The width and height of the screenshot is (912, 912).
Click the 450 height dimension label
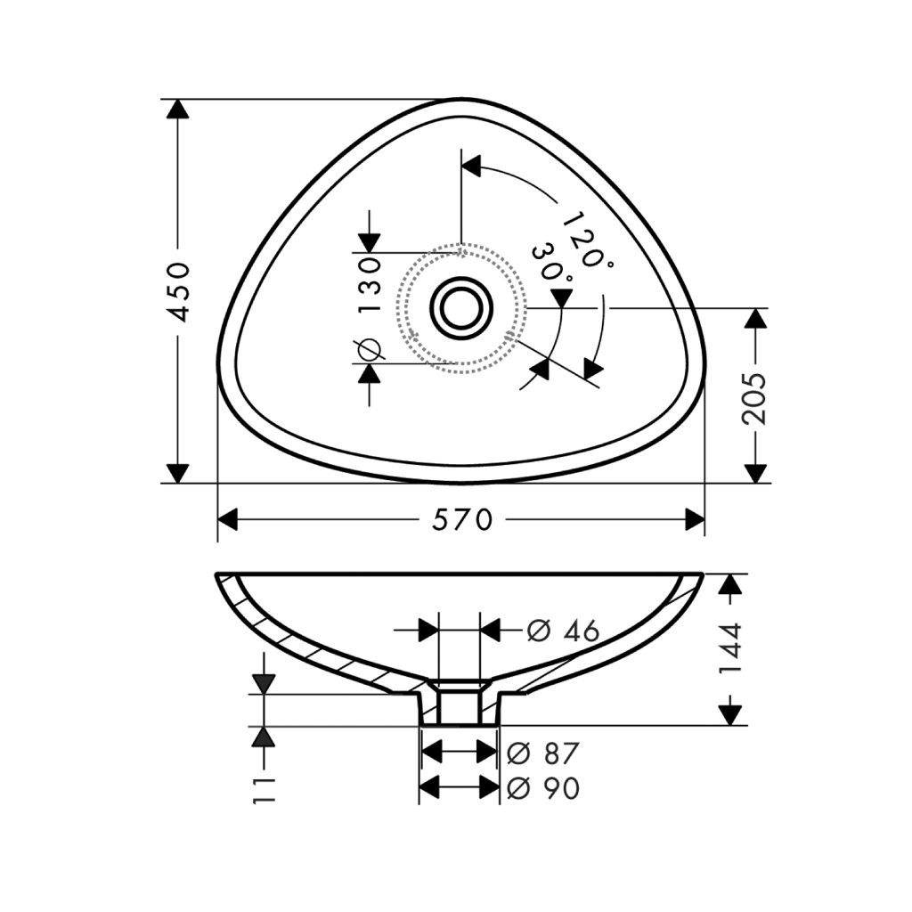[180, 291]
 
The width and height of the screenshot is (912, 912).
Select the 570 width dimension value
[462, 520]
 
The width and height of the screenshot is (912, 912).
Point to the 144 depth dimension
[730, 647]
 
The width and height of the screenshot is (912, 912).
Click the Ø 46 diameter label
[562, 631]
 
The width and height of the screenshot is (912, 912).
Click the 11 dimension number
[265, 789]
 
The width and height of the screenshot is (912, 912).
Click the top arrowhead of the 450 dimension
[180, 109]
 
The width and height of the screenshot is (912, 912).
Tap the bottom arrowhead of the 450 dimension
[180, 473]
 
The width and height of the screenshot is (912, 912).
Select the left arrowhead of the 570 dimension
[229, 520]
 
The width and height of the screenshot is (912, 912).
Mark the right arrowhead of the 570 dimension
[695, 520]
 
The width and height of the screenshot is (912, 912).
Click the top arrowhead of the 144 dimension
[730, 584]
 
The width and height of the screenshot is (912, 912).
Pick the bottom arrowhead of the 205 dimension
[755, 473]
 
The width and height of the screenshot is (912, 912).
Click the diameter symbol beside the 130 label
[369, 350]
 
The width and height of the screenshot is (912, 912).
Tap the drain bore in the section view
[460, 708]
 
